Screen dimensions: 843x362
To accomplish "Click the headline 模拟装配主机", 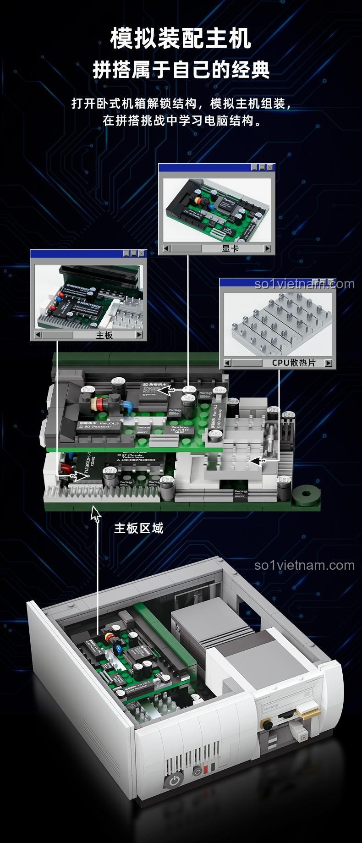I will pos(181,39).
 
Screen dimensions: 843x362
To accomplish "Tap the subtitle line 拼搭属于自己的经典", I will pos(181,70).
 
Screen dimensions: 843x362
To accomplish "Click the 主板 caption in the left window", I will pos(104,335).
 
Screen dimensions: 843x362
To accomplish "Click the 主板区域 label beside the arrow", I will pos(138,528).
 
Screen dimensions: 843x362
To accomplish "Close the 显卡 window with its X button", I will pos(270,168).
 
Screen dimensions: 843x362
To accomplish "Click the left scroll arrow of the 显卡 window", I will pos(167,248).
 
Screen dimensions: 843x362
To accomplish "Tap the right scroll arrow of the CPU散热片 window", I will pos(328,363).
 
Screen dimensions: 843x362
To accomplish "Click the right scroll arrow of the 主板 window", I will pos(139,335).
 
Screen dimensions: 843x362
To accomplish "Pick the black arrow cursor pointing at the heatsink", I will pos(258,461).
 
